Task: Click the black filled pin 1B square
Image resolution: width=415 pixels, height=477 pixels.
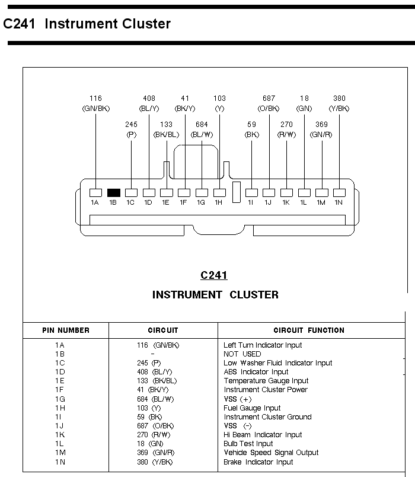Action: coord(113,192)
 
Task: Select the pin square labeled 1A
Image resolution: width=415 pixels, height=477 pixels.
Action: coord(95,192)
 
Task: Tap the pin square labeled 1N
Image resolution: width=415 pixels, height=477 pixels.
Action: coord(339,192)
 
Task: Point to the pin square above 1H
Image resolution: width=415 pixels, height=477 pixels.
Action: coord(219,192)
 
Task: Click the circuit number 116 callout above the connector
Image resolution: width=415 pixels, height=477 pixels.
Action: coord(95,98)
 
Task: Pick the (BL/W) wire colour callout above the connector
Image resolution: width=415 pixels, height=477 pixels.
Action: coord(202,135)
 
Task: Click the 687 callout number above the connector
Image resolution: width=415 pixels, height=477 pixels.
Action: coord(269,98)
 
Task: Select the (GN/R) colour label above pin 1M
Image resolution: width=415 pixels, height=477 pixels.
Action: coord(321,135)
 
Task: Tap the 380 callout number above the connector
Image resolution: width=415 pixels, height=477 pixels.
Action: coord(339,98)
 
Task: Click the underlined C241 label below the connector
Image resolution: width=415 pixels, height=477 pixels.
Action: coord(214,275)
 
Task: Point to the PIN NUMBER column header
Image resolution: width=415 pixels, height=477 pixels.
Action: coord(66,330)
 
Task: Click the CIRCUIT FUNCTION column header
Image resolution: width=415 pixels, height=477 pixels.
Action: coord(309,330)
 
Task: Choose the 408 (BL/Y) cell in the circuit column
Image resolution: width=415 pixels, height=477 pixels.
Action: coord(153,372)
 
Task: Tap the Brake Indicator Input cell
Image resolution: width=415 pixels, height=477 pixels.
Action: coord(258,462)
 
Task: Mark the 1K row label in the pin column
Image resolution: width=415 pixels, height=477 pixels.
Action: coord(60,435)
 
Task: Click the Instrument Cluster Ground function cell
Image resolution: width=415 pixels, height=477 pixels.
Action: coord(267,416)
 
